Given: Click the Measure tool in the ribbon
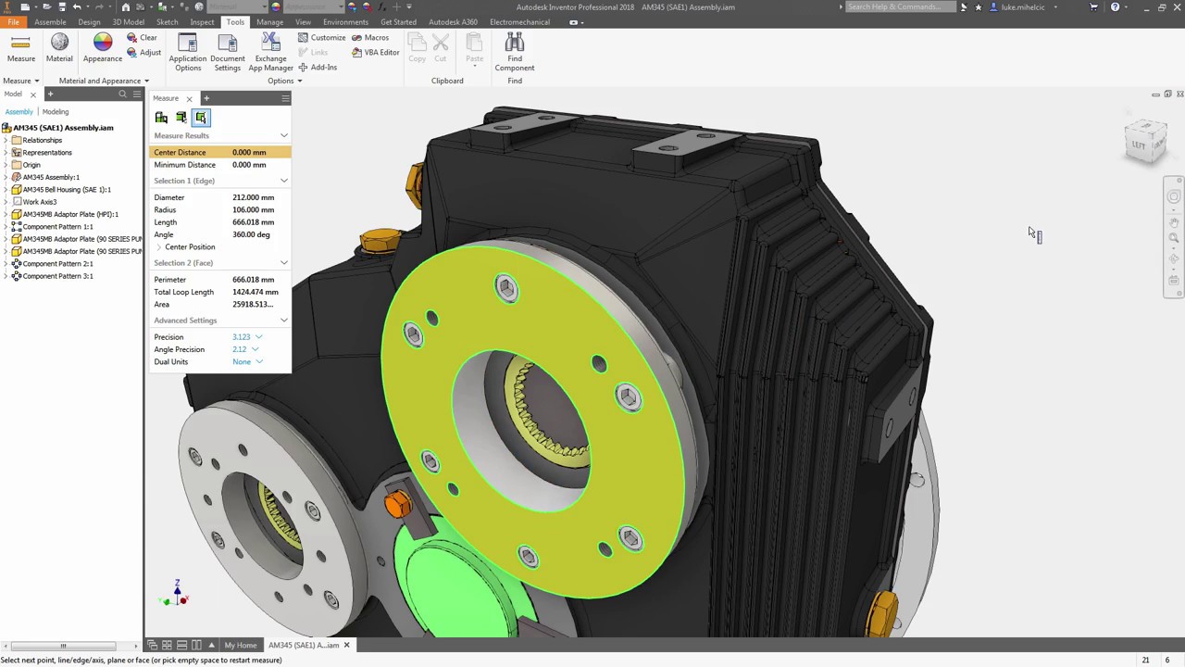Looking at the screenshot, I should pos(21,48).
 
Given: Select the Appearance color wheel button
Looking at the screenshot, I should pos(102,48).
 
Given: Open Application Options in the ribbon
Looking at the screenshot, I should pos(187,51).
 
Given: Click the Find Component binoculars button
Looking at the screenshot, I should pos(514,51).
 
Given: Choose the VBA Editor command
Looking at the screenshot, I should pos(376,53).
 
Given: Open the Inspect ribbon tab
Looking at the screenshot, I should pos(202,22).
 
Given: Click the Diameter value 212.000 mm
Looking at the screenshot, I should pos(253,197).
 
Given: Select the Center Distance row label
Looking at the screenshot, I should pos(180,153).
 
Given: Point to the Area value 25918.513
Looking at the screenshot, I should pos(252,305).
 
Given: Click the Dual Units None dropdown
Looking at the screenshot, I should pos(246,362).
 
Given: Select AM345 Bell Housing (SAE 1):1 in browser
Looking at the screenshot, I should pos(67,190).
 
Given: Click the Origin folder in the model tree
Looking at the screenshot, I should pos(31,165).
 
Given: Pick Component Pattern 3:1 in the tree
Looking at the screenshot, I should pos(57,276).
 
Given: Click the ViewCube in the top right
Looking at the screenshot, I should pos(1145,142).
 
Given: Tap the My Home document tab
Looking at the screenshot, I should pos(240,646).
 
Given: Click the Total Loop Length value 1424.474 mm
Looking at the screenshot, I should pos(255,293).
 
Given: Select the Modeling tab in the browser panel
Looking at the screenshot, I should pos(55,112).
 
